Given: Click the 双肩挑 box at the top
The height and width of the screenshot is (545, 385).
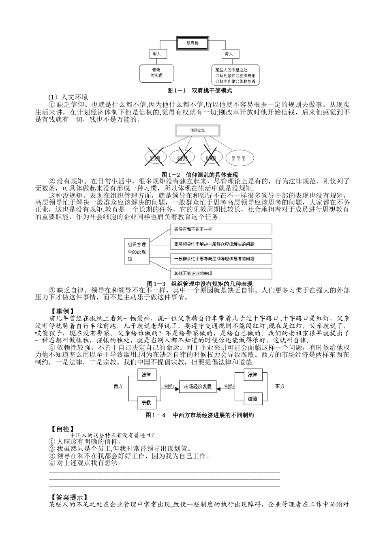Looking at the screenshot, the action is [x=192, y=42].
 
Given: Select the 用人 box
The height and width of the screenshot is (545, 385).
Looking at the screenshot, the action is [x=157, y=54].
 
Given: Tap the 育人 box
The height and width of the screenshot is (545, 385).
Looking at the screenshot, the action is [x=229, y=54].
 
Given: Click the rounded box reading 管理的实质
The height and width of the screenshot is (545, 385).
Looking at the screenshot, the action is [x=156, y=73].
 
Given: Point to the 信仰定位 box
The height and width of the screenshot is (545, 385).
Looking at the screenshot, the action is [x=197, y=130].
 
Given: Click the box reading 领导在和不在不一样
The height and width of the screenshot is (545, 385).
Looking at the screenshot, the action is [x=221, y=230].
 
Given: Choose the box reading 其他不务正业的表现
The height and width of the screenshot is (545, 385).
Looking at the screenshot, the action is [x=221, y=273].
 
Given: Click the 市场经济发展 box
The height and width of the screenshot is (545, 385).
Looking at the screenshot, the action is [x=198, y=386].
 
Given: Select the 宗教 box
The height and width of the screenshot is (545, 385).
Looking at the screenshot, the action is [x=146, y=403].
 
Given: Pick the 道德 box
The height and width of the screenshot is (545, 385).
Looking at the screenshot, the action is [x=252, y=399].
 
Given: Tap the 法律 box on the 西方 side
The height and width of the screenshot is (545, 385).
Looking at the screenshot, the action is [x=146, y=375].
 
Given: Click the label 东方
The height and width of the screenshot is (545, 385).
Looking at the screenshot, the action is [x=280, y=386].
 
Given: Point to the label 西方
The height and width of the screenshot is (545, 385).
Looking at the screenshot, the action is [x=118, y=386].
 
